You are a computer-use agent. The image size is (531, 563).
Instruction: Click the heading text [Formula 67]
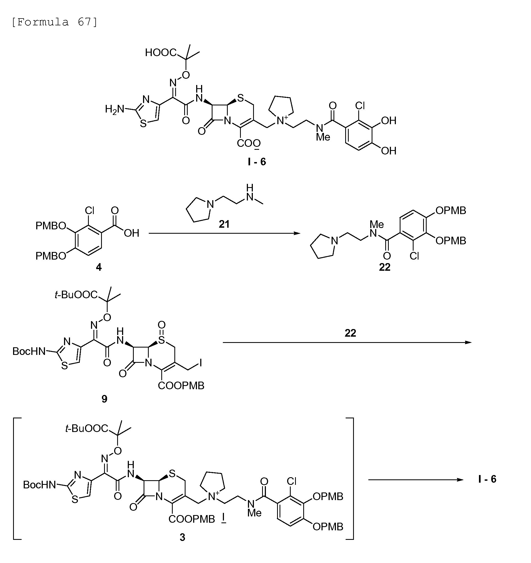pyautogui.click(x=55, y=22)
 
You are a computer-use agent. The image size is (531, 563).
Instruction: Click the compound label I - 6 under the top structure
pyautogui.click(x=257, y=162)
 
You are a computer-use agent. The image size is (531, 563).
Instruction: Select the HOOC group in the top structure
pyautogui.click(x=160, y=52)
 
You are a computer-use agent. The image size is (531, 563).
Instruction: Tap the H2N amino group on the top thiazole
pyautogui.click(x=115, y=109)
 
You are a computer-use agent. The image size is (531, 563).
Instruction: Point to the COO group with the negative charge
pyautogui.click(x=249, y=144)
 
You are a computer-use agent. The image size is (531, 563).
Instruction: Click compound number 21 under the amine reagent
pyautogui.click(x=224, y=224)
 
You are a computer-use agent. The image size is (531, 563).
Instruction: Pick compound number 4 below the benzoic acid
pyautogui.click(x=99, y=267)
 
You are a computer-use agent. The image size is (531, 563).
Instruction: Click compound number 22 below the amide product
pyautogui.click(x=385, y=267)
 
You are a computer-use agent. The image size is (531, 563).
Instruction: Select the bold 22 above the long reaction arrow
pyautogui.click(x=350, y=333)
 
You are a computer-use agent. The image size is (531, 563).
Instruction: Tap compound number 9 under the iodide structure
pyautogui.click(x=104, y=399)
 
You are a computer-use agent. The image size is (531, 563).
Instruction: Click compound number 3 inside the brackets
pyautogui.click(x=182, y=537)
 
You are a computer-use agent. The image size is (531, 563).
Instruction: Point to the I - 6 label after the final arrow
pyautogui.click(x=487, y=479)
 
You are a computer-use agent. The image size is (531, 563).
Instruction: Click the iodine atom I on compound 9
pyautogui.click(x=201, y=363)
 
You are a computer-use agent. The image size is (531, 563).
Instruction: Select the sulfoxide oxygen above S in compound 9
pyautogui.click(x=161, y=324)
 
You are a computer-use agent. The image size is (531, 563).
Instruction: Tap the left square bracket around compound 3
pyautogui.click(x=14, y=478)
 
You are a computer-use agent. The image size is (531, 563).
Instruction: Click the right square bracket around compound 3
pyautogui.click(x=353, y=478)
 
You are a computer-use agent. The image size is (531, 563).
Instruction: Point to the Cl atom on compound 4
pyautogui.click(x=89, y=211)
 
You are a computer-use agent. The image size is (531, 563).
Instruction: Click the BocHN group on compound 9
pyautogui.click(x=29, y=351)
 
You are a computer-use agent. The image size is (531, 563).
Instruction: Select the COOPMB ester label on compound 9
pyautogui.click(x=181, y=385)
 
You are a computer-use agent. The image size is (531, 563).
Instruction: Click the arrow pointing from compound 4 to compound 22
pyautogui.click(x=224, y=233)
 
